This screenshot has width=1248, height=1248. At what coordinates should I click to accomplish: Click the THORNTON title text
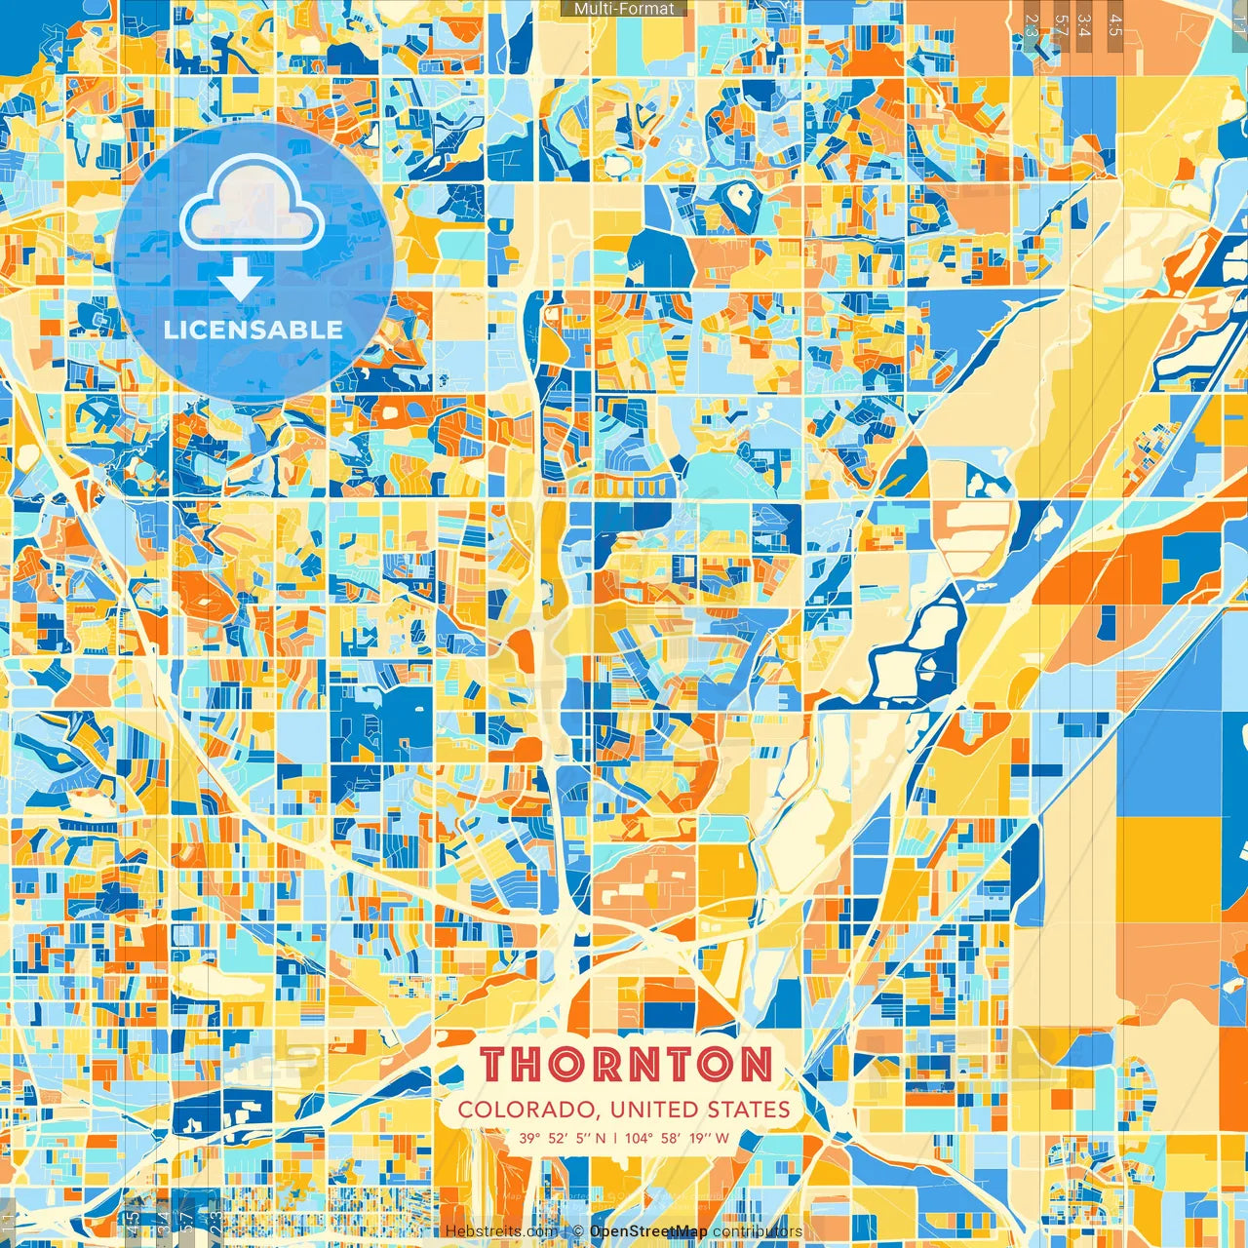pyautogui.click(x=627, y=1065)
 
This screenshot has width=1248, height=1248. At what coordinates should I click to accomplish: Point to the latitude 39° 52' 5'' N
pyautogui.click(x=562, y=1138)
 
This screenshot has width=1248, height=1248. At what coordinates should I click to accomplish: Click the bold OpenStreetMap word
pyautogui.click(x=648, y=1231)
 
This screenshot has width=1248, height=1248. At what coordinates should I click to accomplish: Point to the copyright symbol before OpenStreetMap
pyautogui.click(x=578, y=1231)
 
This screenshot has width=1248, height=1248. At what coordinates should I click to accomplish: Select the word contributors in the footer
pyautogui.click(x=758, y=1231)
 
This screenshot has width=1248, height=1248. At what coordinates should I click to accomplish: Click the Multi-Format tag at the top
pyautogui.click(x=624, y=9)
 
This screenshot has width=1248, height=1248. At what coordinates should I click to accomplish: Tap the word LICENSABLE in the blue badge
pyautogui.click(x=253, y=330)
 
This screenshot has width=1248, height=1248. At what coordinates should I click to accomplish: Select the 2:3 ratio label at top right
pyautogui.click(x=1032, y=24)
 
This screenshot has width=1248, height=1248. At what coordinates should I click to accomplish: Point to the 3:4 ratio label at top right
pyautogui.click(x=1084, y=24)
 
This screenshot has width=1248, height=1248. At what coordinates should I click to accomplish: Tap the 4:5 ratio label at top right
pyautogui.click(x=1115, y=24)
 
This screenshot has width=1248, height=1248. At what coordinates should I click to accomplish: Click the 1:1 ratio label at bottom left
pyautogui.click(x=9, y=1223)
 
